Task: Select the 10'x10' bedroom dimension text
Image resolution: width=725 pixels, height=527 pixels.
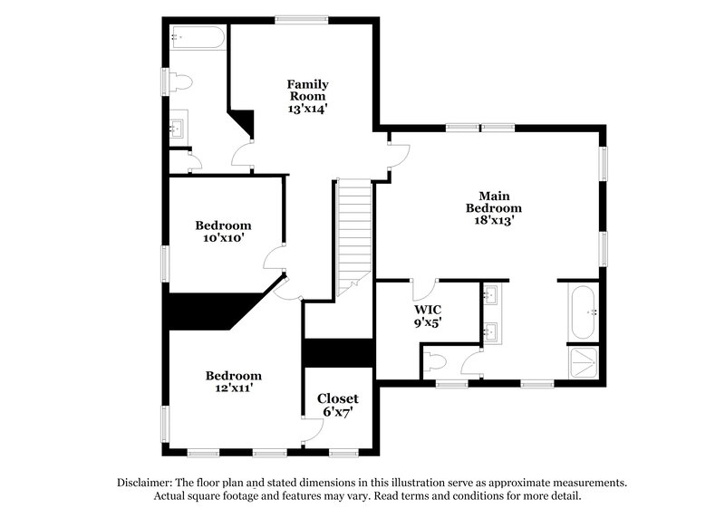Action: pos(223,238)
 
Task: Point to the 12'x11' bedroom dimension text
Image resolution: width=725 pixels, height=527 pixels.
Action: pos(233,388)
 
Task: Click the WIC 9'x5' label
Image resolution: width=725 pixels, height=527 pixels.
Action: pos(428,315)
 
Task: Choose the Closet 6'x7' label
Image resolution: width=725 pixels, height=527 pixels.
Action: pos(337,405)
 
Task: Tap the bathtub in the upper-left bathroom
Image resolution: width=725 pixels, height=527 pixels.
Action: pos(198,38)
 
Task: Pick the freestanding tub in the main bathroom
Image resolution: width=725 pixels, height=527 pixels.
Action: pos(582,311)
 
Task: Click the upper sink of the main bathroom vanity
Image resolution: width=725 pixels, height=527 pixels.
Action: pos(492,295)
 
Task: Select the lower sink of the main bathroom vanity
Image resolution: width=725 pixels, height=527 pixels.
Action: pos(492,331)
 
